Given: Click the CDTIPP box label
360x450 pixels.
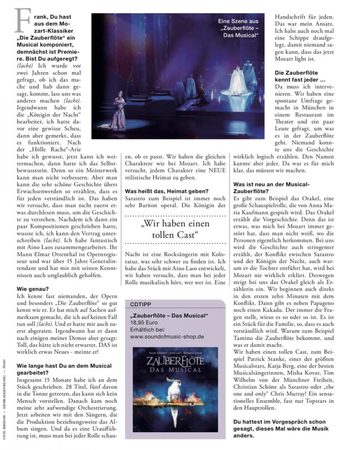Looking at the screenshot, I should click(139, 303).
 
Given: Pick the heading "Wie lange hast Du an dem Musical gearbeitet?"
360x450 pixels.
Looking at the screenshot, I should click(58, 367).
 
